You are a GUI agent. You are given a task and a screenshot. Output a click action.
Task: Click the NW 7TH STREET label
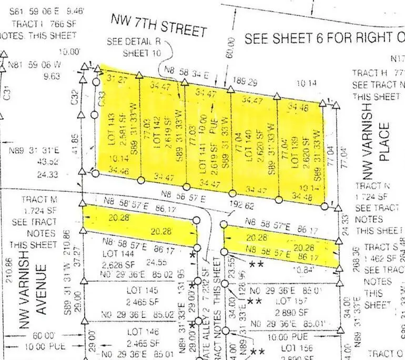(x=158, y=25)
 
